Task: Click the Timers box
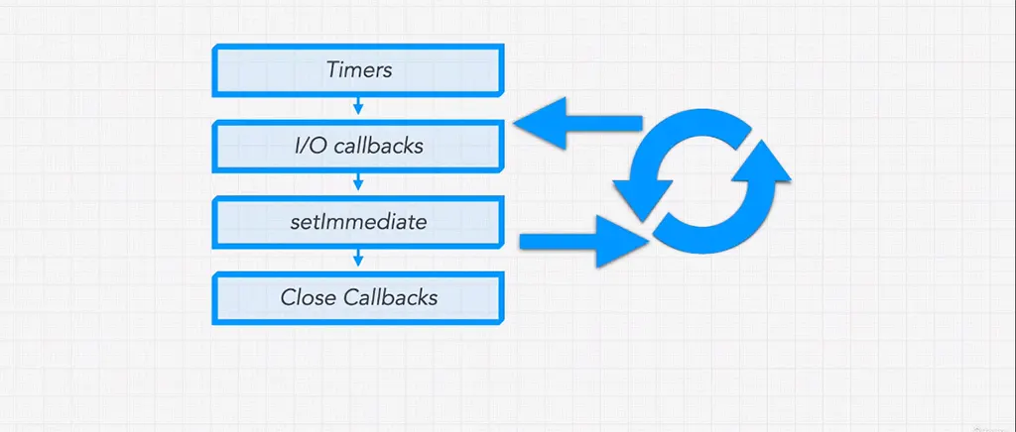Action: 358,70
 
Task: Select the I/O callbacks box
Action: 358,147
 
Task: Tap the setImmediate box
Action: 358,222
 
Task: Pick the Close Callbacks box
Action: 358,297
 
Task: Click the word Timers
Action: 358,70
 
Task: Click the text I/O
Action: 310,147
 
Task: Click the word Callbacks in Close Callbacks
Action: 391,297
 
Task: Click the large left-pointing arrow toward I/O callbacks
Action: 575,124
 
